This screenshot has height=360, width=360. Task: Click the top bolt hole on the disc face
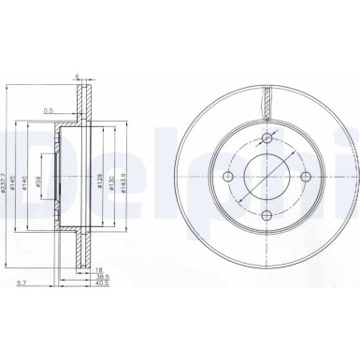(x=266, y=138)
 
